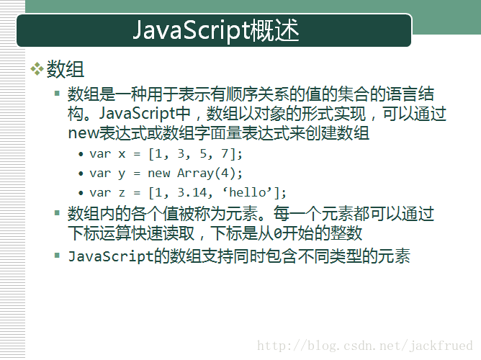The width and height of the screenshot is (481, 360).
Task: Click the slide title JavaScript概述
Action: click(215, 30)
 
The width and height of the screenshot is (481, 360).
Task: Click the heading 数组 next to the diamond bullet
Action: click(65, 69)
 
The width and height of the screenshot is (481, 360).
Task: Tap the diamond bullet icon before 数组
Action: click(37, 68)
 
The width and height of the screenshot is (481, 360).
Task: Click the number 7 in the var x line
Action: click(225, 153)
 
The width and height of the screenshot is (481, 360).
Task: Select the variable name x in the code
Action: click(122, 154)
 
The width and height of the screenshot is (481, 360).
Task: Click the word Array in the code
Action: click(195, 174)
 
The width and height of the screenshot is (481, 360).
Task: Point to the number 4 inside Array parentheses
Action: click(225, 173)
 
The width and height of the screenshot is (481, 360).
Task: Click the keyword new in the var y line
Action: click(158, 174)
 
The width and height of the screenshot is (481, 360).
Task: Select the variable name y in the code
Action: click(122, 174)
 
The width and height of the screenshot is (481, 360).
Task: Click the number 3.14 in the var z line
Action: click(192, 192)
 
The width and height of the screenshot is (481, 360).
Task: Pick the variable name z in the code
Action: click(122, 193)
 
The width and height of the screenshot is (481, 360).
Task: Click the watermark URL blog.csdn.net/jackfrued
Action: click(365, 346)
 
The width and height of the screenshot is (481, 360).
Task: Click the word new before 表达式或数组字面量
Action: click(84, 134)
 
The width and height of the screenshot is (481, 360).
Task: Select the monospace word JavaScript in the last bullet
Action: click(111, 256)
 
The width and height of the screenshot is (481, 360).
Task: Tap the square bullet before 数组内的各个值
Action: click(57, 212)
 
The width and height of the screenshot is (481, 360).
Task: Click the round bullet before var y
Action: click(81, 174)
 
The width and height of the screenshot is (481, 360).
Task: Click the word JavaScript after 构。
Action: click(137, 114)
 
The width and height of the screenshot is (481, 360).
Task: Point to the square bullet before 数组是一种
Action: click(57, 93)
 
